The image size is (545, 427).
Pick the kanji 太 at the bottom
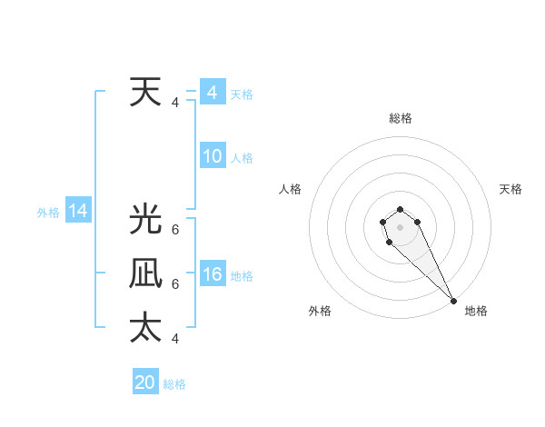coord(145,327)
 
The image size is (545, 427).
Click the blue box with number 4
coord(212,93)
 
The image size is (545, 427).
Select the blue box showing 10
coord(212,156)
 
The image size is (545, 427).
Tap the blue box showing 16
coord(212,274)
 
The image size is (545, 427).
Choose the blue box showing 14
coord(77,212)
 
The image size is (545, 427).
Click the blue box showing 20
coord(145,382)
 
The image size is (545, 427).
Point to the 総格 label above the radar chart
coord(400,118)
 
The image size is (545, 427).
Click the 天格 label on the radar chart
coord(510,189)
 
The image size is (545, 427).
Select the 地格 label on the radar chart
coord(476,311)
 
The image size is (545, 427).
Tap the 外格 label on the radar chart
coord(320,311)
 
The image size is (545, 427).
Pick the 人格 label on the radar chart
coord(291,189)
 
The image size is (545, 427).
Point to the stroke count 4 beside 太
coord(175,338)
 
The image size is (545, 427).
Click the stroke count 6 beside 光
coord(175,230)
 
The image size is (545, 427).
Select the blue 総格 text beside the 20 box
coord(174,384)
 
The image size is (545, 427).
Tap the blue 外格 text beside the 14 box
coord(48,213)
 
